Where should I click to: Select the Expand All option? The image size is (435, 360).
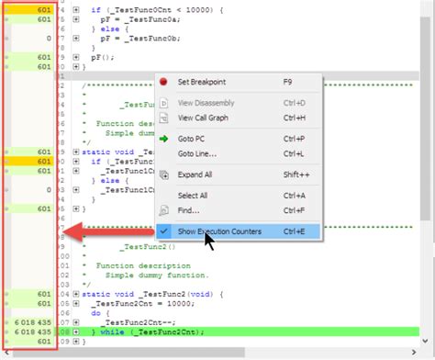195,174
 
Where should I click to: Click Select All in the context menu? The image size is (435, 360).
193,196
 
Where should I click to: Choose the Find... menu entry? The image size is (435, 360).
188,210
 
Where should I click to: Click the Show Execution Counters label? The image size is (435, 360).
219,231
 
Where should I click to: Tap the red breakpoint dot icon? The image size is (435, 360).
163,82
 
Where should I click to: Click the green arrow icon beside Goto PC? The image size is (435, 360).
163,139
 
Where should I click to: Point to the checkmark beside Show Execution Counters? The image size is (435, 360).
163,231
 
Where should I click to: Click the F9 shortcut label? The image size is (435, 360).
289,82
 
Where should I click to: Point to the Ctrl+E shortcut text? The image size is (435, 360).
296,231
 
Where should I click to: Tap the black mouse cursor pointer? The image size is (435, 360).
210,241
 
